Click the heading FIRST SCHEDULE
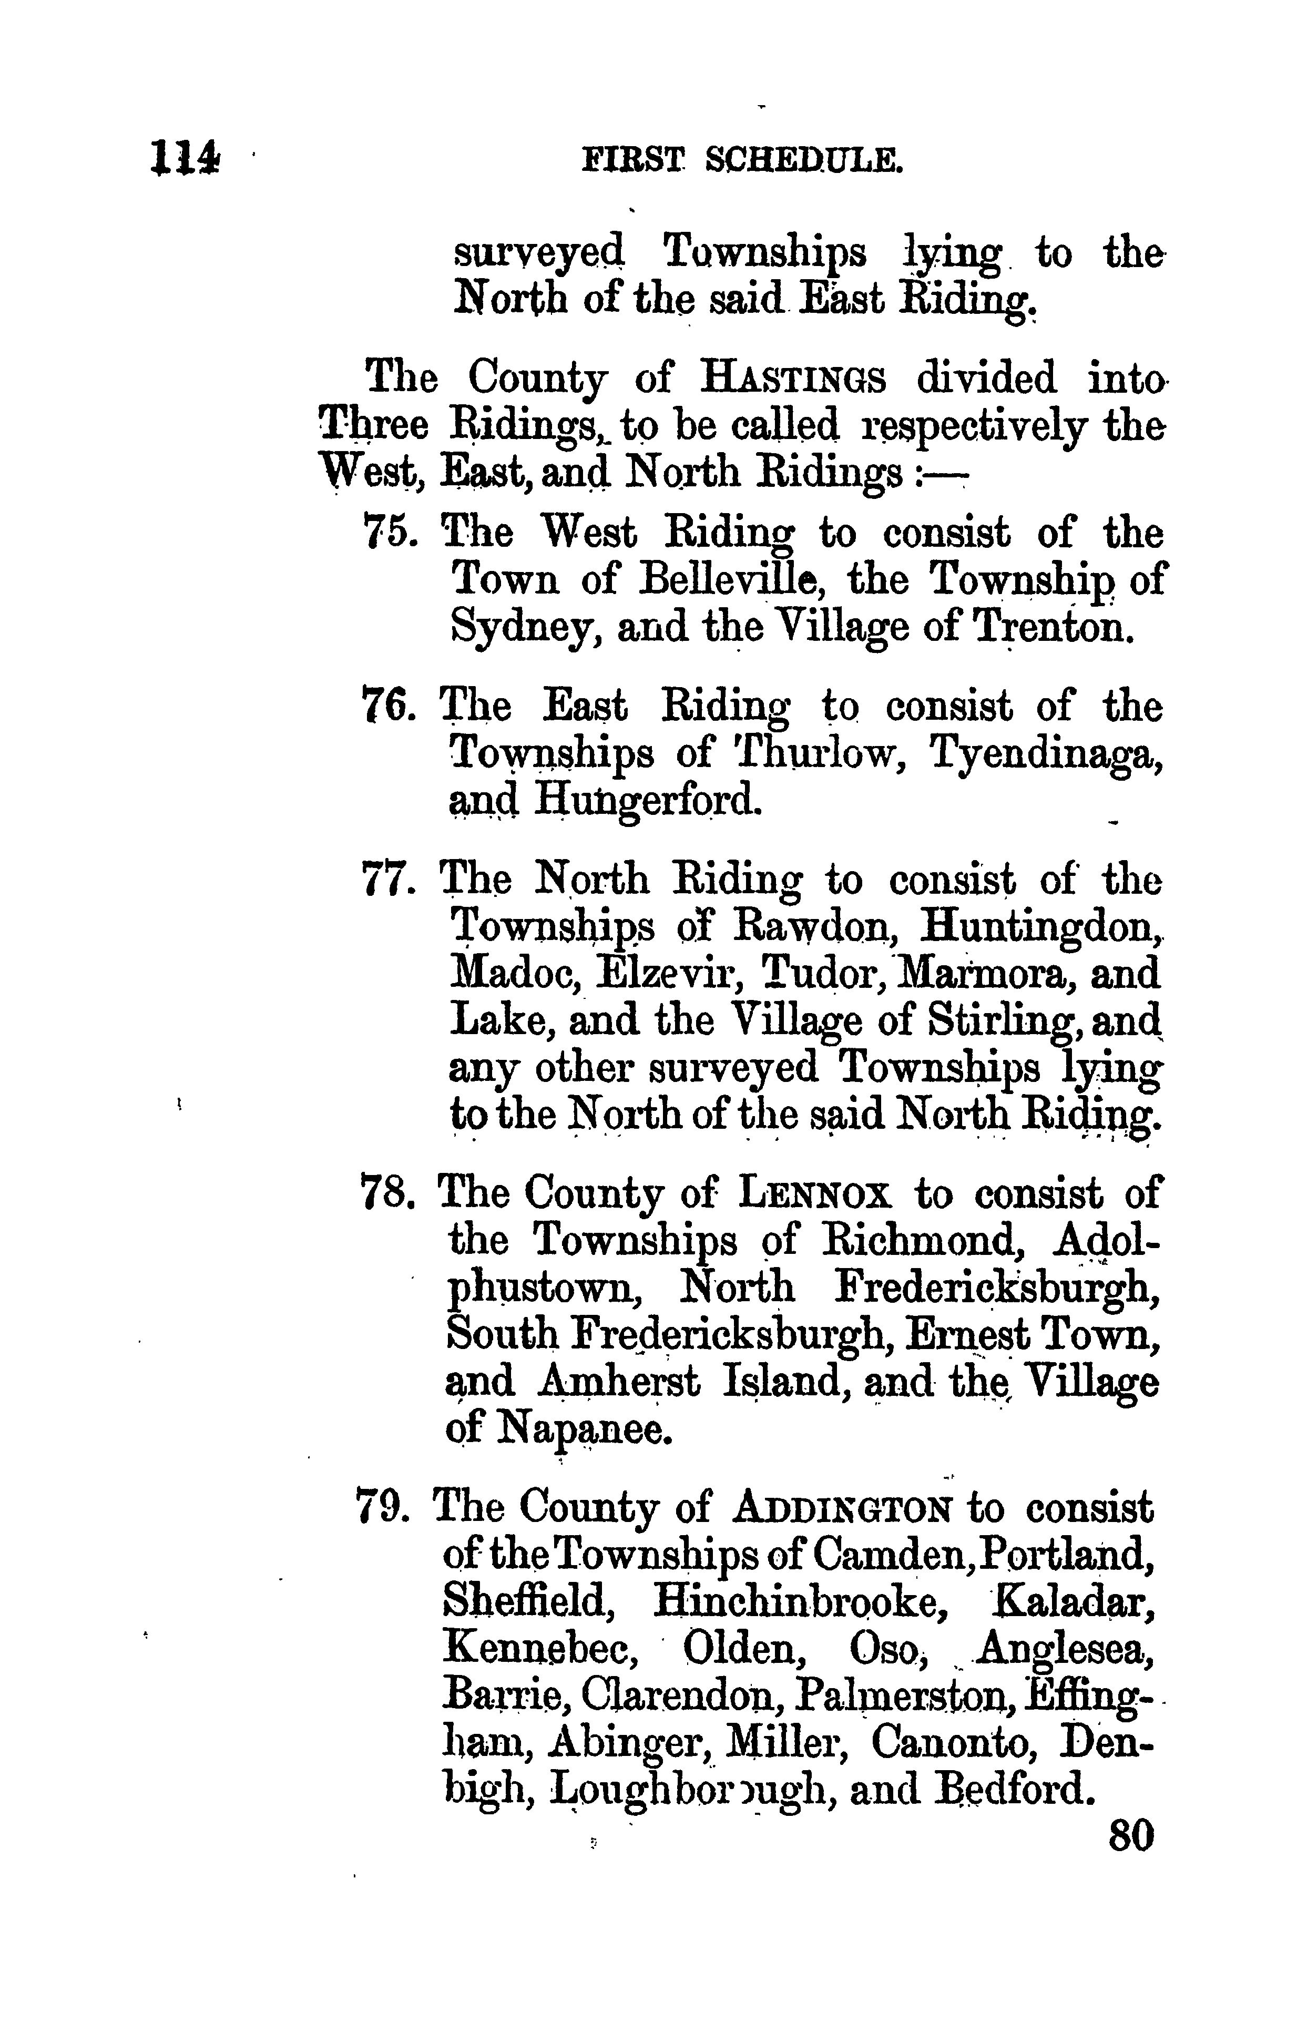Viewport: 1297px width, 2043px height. [742, 159]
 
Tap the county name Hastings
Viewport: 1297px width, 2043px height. [794, 379]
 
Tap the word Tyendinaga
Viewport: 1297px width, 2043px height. [1046, 755]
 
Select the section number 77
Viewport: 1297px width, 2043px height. [387, 880]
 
